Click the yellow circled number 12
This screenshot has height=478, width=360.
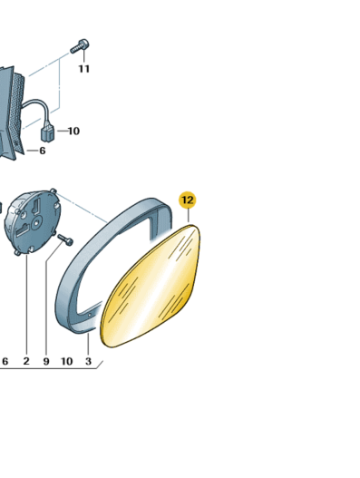pos(188,200)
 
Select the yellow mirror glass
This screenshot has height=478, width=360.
pos(151,287)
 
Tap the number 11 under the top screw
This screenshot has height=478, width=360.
pos(84,69)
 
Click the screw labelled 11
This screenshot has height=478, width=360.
pos(80,46)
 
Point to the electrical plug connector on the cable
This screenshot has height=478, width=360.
pos(47,133)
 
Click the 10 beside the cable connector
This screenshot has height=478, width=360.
pos(73,132)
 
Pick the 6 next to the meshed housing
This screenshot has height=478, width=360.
pos(43,151)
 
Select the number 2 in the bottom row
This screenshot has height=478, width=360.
pos(26,361)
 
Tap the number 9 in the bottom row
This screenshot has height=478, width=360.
pos(46,362)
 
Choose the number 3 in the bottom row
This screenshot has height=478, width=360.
pos(88,361)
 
